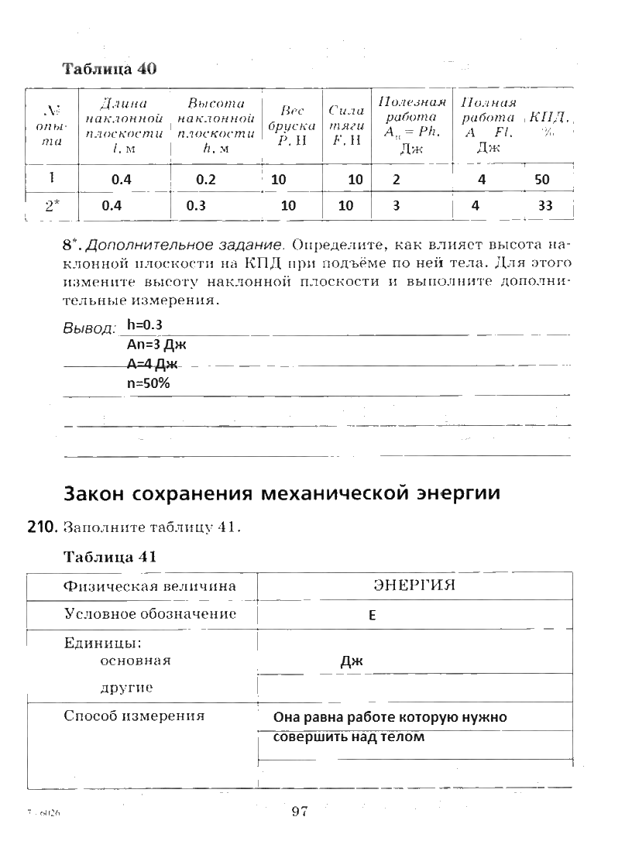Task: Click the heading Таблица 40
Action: click(x=109, y=68)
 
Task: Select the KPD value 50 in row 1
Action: click(x=541, y=180)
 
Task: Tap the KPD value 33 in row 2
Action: click(x=545, y=205)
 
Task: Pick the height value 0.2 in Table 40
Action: click(x=204, y=180)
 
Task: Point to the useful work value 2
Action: click(x=397, y=180)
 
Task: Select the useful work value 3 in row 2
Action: click(x=396, y=206)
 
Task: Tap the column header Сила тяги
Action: click(x=345, y=125)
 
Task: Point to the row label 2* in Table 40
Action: click(x=52, y=206)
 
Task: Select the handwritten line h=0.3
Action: click(x=144, y=324)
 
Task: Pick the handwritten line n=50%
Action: click(x=148, y=383)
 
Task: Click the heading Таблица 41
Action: click(x=110, y=557)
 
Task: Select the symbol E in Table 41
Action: click(x=372, y=617)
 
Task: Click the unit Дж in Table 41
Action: click(x=352, y=661)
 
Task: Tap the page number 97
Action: click(x=301, y=811)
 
